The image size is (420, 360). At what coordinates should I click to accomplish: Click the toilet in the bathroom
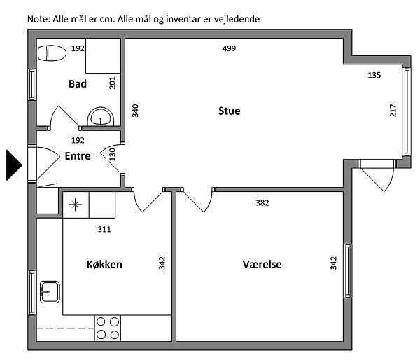tap(52, 53)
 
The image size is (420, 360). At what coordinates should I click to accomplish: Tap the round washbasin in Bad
tap(101, 116)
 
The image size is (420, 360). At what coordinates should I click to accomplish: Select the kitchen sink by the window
tap(50, 292)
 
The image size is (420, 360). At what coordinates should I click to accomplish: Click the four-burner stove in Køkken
tap(108, 328)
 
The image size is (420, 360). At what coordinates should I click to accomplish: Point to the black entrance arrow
tap(14, 165)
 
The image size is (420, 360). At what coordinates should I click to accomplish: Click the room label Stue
tap(230, 111)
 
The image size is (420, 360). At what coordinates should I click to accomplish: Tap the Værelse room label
tap(262, 264)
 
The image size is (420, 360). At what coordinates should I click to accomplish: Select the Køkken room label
tap(104, 264)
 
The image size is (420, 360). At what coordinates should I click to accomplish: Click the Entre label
tap(78, 155)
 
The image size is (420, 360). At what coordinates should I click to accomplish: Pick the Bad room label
tap(78, 83)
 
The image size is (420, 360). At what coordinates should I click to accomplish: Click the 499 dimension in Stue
tap(230, 48)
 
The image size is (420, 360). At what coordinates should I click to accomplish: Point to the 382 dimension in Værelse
tap(262, 202)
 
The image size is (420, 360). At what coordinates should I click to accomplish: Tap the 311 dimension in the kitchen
tap(104, 229)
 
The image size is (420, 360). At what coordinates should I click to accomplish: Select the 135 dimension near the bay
tap(374, 75)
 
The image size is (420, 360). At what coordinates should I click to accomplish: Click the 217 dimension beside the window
tap(393, 111)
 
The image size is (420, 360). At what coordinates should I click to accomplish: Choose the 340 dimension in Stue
tap(135, 111)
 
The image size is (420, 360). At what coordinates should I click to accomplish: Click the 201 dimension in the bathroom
tap(113, 83)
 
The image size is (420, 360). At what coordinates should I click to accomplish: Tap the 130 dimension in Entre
tap(113, 154)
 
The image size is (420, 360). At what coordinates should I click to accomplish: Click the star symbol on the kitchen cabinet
tap(76, 205)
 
